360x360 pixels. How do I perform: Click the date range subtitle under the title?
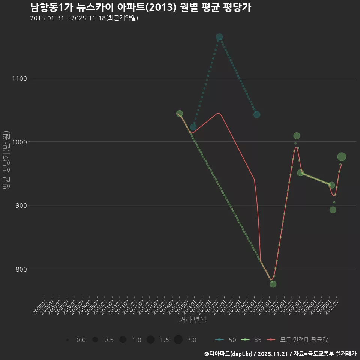[x=84, y=18]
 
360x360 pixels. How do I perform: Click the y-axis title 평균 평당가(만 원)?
[x=6, y=161]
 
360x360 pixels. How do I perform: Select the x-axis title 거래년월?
[x=193, y=320]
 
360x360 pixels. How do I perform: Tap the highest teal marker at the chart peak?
[x=219, y=37]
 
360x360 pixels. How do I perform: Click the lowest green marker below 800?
[x=273, y=284]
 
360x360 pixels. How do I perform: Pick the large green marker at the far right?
[x=342, y=157]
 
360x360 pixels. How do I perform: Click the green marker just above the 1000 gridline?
[x=297, y=136]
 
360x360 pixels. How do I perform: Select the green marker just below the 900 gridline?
[x=333, y=210]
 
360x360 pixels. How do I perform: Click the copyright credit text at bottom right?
[x=280, y=354]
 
